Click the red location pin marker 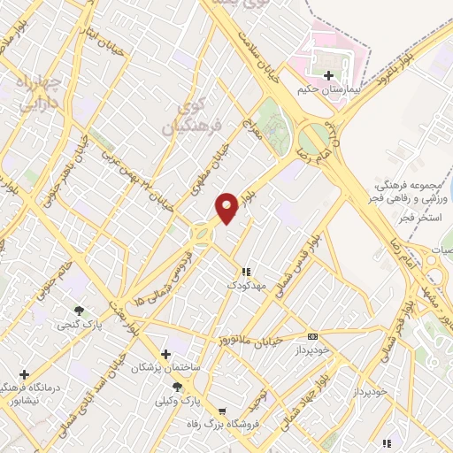[228, 208]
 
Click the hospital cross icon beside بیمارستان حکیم [329, 75]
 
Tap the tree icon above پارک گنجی [81, 311]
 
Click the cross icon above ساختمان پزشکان [165, 353]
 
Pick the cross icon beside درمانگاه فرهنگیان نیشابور [24, 375]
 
